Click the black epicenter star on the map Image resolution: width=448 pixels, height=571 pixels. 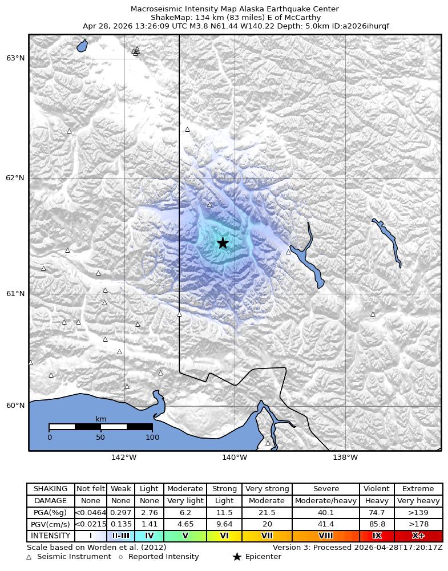point(223,243)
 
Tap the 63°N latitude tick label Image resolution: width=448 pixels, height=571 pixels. point(15,58)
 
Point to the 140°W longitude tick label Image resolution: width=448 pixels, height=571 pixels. point(235,457)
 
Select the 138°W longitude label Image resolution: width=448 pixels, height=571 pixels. point(345,457)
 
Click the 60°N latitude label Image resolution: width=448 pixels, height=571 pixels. point(15,406)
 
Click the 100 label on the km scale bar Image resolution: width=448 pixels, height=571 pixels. point(152,438)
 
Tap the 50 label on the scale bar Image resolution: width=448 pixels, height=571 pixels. point(100,438)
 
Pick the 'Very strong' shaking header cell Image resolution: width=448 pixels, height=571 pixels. point(267,489)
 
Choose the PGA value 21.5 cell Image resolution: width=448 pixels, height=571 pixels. point(267,513)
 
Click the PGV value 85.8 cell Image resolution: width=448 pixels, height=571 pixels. point(377,524)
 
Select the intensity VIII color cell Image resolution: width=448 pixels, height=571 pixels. point(326,536)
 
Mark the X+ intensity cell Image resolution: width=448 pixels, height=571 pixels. point(418,536)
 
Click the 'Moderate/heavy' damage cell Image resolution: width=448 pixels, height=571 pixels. point(326,501)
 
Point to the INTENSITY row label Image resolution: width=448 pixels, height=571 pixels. point(51,536)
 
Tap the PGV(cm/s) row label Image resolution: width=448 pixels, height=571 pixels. point(51,524)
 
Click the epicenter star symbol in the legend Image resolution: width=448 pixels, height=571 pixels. point(237,557)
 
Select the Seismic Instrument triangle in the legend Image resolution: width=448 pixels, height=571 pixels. point(29,557)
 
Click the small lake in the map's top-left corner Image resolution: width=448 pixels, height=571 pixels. point(82,46)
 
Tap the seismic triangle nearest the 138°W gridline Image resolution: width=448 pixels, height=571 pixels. point(373,314)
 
